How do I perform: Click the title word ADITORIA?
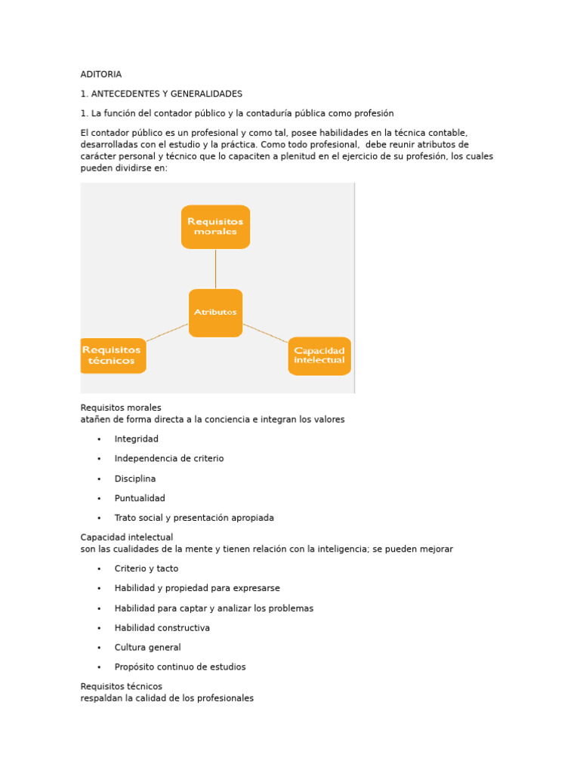coord(100,74)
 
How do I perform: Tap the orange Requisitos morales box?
coord(215,226)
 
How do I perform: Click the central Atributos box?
coord(215,312)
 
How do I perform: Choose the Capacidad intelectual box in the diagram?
coord(319,356)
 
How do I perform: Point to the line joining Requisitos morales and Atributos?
coord(215,269)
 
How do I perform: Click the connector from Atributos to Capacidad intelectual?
coord(265,333)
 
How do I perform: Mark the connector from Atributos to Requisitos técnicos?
coord(167,332)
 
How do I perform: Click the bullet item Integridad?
coord(136,439)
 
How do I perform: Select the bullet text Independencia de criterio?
coord(168,458)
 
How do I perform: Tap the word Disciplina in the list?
coord(134,479)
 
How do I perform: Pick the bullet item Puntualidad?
coord(139,498)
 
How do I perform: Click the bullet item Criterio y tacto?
coord(146,568)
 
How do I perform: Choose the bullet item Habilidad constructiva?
coord(162,627)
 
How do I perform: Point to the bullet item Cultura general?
coord(147,647)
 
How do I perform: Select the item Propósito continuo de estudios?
coord(180,667)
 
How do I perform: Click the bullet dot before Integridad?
coord(99,439)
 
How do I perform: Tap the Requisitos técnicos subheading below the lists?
coord(121,686)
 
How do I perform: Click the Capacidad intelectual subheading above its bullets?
coord(126,537)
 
